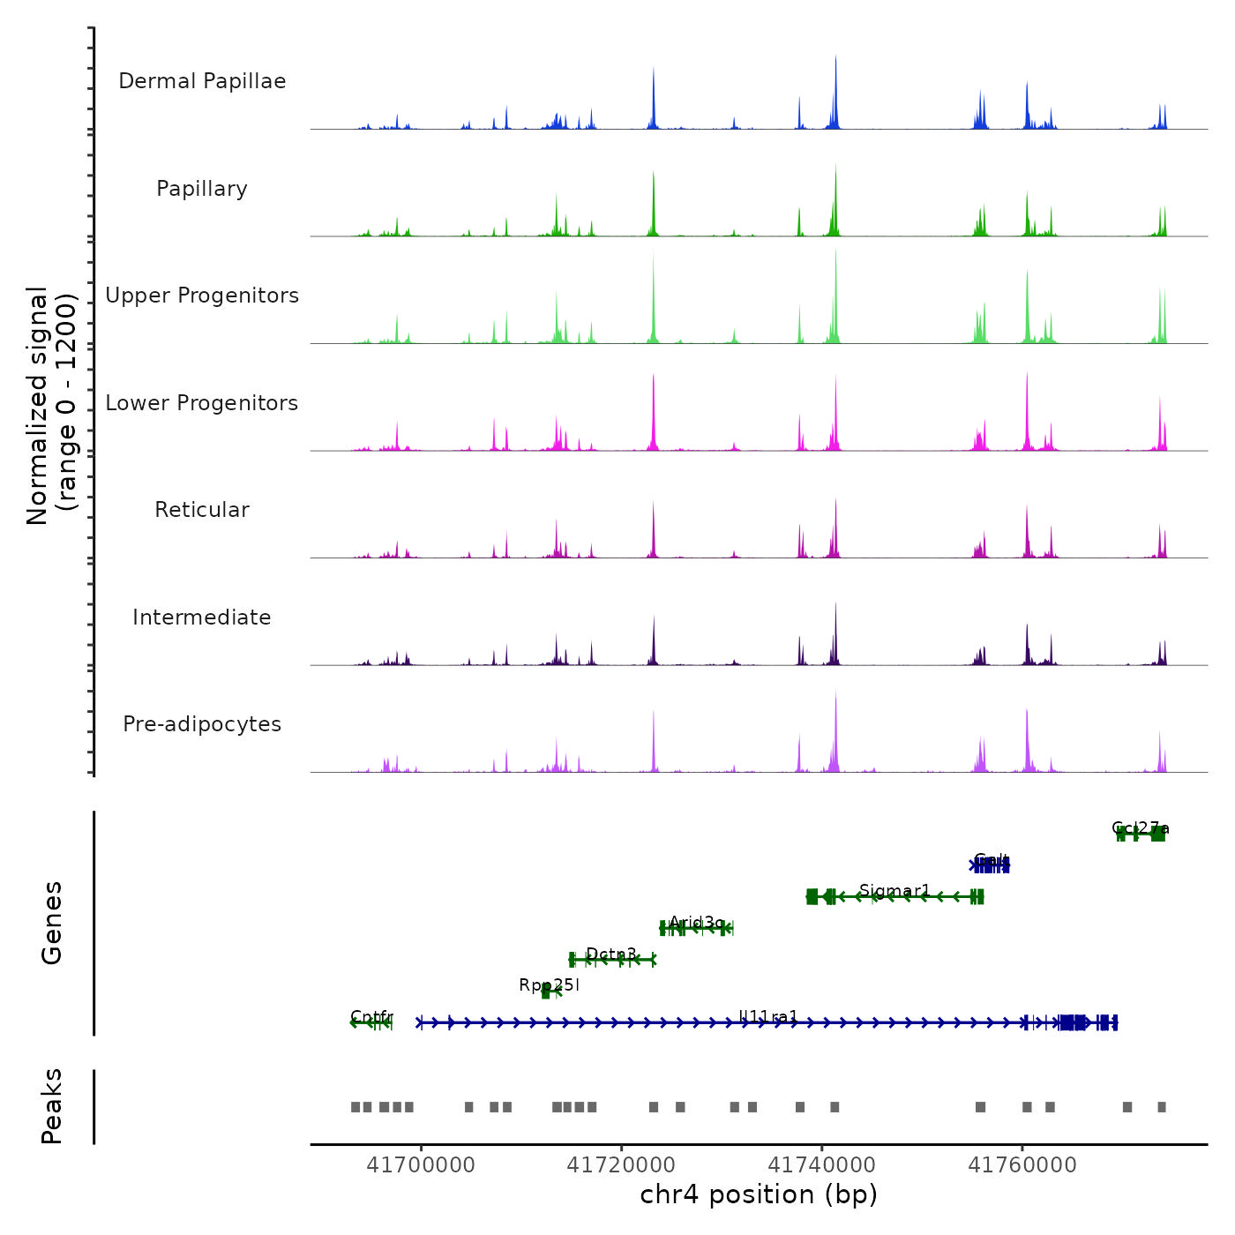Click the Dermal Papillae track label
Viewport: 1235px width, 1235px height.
pyautogui.click(x=202, y=81)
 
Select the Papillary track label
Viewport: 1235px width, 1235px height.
pyautogui.click(x=202, y=189)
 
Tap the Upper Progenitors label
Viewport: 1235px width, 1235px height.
pyautogui.click(x=202, y=296)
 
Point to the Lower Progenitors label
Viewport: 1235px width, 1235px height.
pyautogui.click(x=202, y=403)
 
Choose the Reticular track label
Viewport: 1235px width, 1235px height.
pyautogui.click(x=202, y=510)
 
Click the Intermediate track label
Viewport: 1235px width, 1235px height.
pyautogui.click(x=202, y=617)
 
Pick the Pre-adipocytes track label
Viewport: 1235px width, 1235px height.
pyautogui.click(x=202, y=724)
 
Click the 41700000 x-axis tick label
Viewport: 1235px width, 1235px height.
pyautogui.click(x=421, y=1165)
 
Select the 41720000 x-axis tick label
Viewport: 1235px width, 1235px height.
pyautogui.click(x=621, y=1165)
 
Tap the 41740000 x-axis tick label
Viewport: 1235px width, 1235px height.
pyautogui.click(x=822, y=1165)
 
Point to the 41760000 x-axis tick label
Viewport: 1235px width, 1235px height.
pyautogui.click(x=1022, y=1165)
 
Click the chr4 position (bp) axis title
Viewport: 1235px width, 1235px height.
pyautogui.click(x=759, y=1195)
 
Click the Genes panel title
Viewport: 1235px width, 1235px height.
pyautogui.click(x=52, y=923)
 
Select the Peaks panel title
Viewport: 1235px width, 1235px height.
pyautogui.click(x=52, y=1106)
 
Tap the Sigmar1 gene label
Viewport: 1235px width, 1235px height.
pyautogui.click(x=894, y=891)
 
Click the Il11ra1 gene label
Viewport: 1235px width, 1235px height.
pyautogui.click(x=768, y=1017)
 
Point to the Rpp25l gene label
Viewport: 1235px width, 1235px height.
pyautogui.click(x=549, y=985)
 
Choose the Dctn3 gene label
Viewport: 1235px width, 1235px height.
pyautogui.click(x=611, y=954)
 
